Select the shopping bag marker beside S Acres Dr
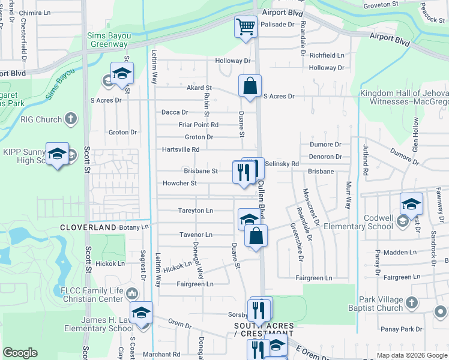250,86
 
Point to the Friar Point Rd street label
198,125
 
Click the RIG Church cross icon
71,119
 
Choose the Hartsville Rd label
180,149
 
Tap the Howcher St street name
179,184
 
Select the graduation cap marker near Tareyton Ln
248,219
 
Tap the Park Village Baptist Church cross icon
412,302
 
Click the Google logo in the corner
20,353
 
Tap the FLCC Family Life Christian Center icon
132,293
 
